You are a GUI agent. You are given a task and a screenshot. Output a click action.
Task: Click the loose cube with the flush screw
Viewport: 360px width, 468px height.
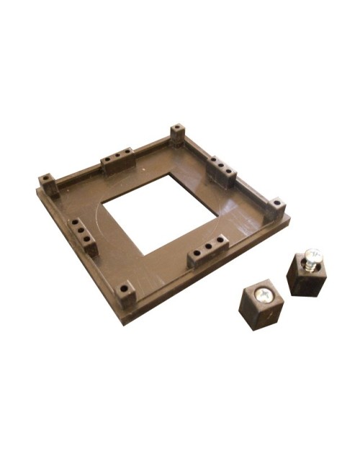coord(260,305)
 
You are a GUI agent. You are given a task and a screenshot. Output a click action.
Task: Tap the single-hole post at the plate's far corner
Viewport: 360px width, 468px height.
coord(177,135)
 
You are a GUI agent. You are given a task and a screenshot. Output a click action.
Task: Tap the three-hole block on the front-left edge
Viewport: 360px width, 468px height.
coord(82,234)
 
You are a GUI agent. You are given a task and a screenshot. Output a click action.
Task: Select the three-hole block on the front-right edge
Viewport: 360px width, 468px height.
coord(207,251)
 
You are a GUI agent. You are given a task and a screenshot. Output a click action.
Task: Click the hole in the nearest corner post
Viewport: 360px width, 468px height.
coord(125,288)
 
